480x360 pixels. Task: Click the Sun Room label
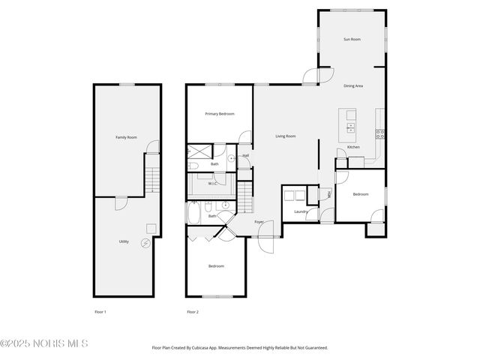(x=352, y=38)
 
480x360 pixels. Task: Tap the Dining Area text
(x=353, y=86)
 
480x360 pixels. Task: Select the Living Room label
(x=285, y=136)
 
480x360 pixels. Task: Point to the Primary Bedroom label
(x=220, y=113)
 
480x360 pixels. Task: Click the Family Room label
(x=126, y=137)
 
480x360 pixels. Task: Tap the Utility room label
(x=124, y=241)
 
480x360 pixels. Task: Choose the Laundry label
(x=301, y=211)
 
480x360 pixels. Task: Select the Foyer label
(x=259, y=222)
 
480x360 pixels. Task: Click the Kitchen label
(x=353, y=147)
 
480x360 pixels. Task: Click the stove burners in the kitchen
(x=380, y=134)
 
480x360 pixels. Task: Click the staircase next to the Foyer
(x=245, y=198)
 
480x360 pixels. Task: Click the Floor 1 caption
(x=100, y=311)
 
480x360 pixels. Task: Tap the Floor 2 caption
(x=193, y=311)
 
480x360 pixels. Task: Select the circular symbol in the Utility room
(x=145, y=242)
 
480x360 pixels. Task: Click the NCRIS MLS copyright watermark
(x=44, y=343)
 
